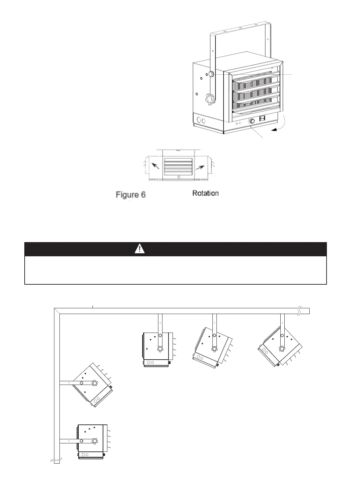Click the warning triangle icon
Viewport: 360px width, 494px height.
(x=139, y=249)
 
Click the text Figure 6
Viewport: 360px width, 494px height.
(x=131, y=195)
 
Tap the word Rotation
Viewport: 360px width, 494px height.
(x=205, y=193)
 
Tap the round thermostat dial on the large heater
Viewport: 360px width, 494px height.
(x=252, y=121)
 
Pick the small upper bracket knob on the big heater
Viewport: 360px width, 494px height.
(x=212, y=74)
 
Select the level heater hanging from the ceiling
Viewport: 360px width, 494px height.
(x=156, y=349)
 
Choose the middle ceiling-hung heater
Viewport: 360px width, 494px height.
(x=212, y=348)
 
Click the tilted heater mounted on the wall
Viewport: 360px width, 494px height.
(x=92, y=385)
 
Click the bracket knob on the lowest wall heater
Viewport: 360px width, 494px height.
(x=95, y=440)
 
